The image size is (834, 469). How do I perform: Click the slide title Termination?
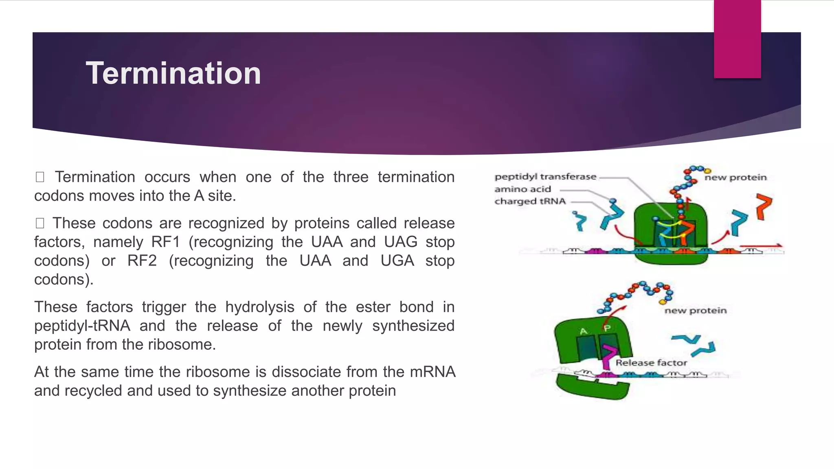173,73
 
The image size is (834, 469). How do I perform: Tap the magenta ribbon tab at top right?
737,39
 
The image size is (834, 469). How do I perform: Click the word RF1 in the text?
165,242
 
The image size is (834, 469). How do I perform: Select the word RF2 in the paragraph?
142,261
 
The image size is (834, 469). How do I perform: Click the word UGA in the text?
397,261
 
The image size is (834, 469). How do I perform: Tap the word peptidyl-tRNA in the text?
82,326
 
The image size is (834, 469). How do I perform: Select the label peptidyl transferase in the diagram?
545,177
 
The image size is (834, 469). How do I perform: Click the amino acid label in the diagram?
522,189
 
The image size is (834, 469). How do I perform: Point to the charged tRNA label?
530,201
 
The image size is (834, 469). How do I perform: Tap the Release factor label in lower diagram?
651,363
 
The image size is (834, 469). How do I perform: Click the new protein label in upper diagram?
735,178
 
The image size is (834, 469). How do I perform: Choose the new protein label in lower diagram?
695,311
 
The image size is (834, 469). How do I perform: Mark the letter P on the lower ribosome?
607,328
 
